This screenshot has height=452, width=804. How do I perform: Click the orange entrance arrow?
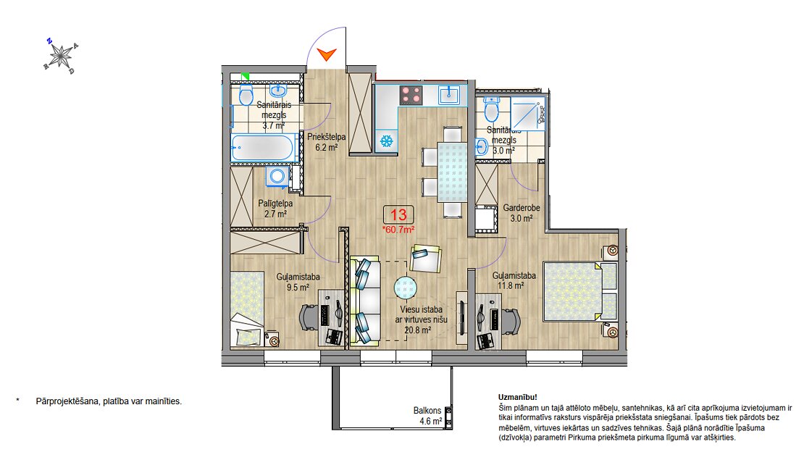coord(326,54)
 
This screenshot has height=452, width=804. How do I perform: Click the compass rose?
coord(61,55)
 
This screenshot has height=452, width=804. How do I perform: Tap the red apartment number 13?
coord(398,214)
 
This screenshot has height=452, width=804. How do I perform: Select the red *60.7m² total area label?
coord(398,230)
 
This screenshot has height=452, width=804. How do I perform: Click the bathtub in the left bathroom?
coord(262,148)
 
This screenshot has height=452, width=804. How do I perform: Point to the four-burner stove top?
coord(411,95)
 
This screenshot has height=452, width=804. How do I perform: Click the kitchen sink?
coord(450,94)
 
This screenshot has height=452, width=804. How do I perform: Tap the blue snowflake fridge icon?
coord(386,141)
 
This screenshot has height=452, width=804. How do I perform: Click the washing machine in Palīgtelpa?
coord(277,177)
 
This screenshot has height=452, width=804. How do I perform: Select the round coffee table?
coord(406,288)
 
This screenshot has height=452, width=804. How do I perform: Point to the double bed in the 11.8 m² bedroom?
coord(580,291)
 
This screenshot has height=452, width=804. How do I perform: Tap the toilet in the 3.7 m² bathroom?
coord(246,95)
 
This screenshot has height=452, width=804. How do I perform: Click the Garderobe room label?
coord(522,208)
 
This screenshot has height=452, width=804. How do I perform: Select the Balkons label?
coord(427,411)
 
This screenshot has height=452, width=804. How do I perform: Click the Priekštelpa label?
coord(327,137)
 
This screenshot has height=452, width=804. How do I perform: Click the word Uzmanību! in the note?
coord(518,397)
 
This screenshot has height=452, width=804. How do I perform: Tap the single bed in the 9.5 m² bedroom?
coord(247,309)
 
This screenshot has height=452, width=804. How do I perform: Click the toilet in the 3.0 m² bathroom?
coord(492,109)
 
